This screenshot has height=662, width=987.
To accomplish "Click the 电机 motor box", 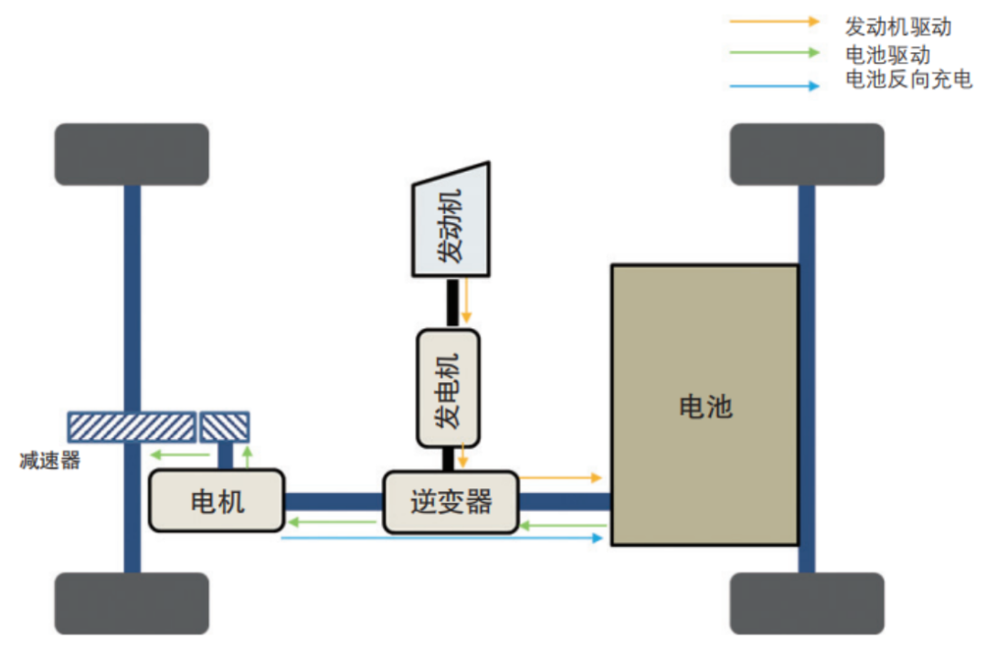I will click(x=217, y=500).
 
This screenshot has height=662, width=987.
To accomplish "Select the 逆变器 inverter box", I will click(x=451, y=501).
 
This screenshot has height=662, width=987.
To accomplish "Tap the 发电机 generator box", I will click(x=449, y=389).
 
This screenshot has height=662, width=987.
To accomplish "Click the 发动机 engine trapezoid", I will click(x=451, y=222).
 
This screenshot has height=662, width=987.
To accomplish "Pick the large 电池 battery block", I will click(x=704, y=405).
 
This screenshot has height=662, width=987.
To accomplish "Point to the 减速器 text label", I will click(x=50, y=460).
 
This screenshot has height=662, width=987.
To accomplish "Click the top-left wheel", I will click(x=132, y=155).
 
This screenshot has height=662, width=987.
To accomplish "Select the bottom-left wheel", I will click(x=132, y=603).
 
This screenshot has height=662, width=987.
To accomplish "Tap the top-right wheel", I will click(x=806, y=155).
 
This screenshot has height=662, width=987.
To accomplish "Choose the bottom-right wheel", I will click(x=806, y=603).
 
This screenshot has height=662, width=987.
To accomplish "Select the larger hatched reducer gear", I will click(x=133, y=425).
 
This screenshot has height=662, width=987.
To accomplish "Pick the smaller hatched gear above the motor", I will click(x=225, y=425).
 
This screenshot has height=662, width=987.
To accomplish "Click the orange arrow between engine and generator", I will click(x=466, y=301).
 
